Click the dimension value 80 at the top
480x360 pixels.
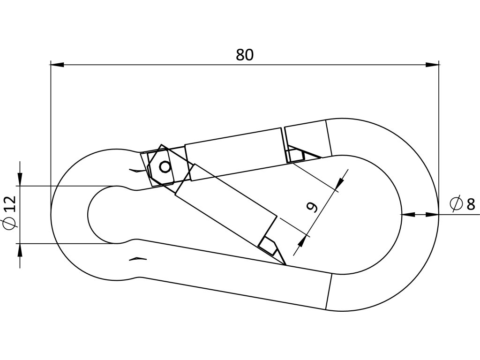pos(244,55)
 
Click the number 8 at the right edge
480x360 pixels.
pos(471,204)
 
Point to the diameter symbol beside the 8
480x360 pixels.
pos(456,204)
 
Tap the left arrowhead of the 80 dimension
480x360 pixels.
pos(57,65)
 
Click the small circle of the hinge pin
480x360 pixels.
pos(165,166)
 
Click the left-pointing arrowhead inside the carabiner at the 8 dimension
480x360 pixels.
pos(408,214)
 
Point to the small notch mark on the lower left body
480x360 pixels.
pos(138,258)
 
